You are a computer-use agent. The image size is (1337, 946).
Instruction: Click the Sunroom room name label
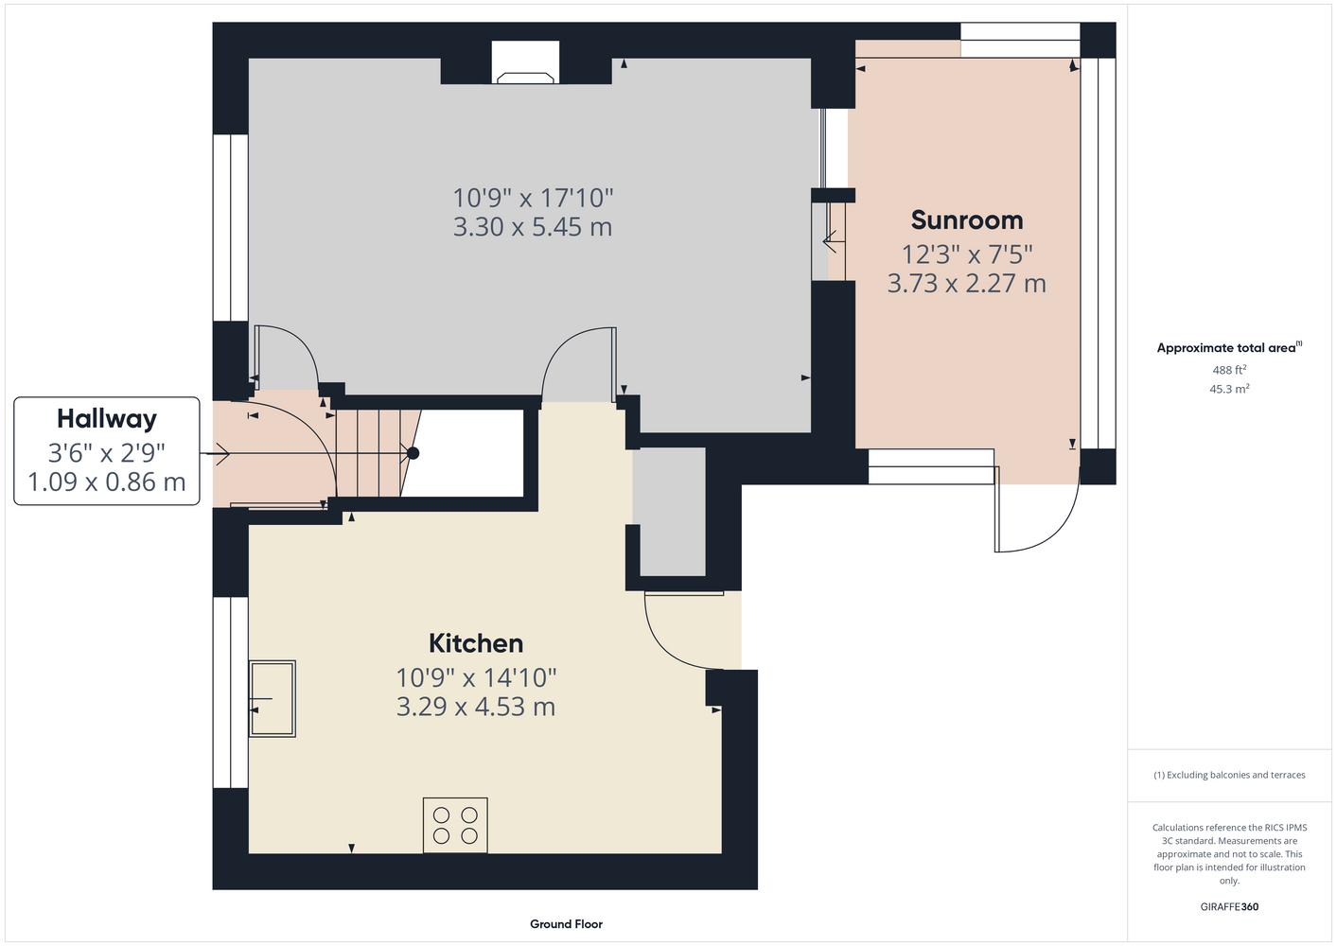pyautogui.click(x=967, y=220)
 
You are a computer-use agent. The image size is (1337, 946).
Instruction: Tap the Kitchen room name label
pyautogui.click(x=476, y=643)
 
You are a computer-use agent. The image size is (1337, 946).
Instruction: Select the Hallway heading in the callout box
pyautogui.click(x=107, y=420)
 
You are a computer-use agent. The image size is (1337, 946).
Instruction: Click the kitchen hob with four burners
pyautogui.click(x=455, y=826)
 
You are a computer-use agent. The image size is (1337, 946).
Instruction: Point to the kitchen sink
pyautogui.click(x=273, y=698)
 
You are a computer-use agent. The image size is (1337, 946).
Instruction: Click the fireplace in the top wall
pyautogui.click(x=525, y=62)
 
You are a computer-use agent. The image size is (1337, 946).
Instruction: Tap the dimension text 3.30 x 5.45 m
pyautogui.click(x=533, y=227)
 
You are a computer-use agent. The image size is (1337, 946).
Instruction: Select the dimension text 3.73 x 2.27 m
pyautogui.click(x=967, y=284)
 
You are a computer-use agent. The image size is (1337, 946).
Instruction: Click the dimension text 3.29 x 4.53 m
pyautogui.click(x=476, y=707)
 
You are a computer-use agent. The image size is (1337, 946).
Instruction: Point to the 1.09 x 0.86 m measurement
pyautogui.click(x=107, y=482)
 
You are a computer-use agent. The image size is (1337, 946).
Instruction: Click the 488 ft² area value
pyautogui.click(x=1229, y=370)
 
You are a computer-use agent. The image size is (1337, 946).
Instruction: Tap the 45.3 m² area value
pyautogui.click(x=1229, y=389)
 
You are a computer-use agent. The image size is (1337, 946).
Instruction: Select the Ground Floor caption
pyautogui.click(x=567, y=924)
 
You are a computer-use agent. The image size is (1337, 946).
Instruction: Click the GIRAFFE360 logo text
pyautogui.click(x=1229, y=906)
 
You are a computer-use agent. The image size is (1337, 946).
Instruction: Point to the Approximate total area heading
pyautogui.click(x=1229, y=348)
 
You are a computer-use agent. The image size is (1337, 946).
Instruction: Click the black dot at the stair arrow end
pyautogui.click(x=413, y=453)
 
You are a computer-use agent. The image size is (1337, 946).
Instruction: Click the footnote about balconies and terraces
pyautogui.click(x=1229, y=776)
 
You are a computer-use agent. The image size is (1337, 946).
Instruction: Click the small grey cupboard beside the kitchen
pyautogui.click(x=669, y=512)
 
